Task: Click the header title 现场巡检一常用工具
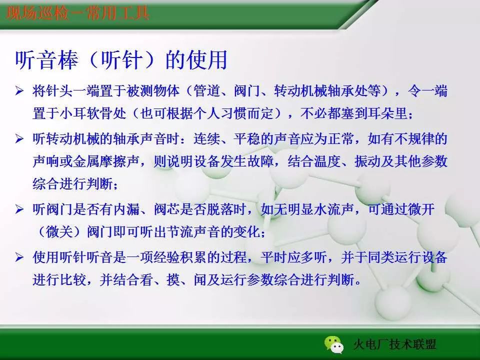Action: point(78,12)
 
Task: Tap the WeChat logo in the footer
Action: point(333,343)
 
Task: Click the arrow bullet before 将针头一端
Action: point(20,91)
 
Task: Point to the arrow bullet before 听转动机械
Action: point(20,138)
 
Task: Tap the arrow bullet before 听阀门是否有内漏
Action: point(20,209)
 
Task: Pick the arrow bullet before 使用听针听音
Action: point(20,257)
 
